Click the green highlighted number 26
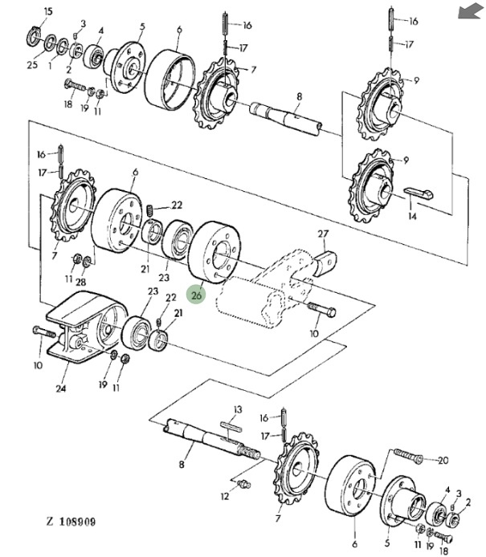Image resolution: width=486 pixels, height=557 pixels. pyautogui.click(x=196, y=295)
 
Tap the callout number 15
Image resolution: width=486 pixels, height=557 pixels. pyautogui.click(x=48, y=11)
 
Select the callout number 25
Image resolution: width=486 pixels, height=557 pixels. pyautogui.click(x=32, y=65)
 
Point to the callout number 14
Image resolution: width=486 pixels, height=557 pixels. pyautogui.click(x=412, y=216)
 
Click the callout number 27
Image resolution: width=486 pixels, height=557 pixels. pyautogui.click(x=323, y=234)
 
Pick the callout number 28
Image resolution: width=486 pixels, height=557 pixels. pyautogui.click(x=81, y=282)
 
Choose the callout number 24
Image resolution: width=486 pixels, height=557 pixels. pyautogui.click(x=61, y=388)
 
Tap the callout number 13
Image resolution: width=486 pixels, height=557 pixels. pyautogui.click(x=238, y=409)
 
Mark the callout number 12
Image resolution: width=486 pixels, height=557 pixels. pyautogui.click(x=225, y=496)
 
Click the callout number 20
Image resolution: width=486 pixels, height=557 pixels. pyautogui.click(x=443, y=461)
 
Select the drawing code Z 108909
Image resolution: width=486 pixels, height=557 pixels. pyautogui.click(x=71, y=522)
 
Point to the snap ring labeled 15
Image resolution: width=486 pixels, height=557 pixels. pyautogui.click(x=34, y=37)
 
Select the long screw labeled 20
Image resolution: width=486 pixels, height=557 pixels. pyautogui.click(x=408, y=455)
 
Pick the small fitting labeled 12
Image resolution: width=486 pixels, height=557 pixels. pyautogui.click(x=244, y=484)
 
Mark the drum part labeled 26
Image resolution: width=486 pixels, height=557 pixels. pyautogui.click(x=214, y=252)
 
